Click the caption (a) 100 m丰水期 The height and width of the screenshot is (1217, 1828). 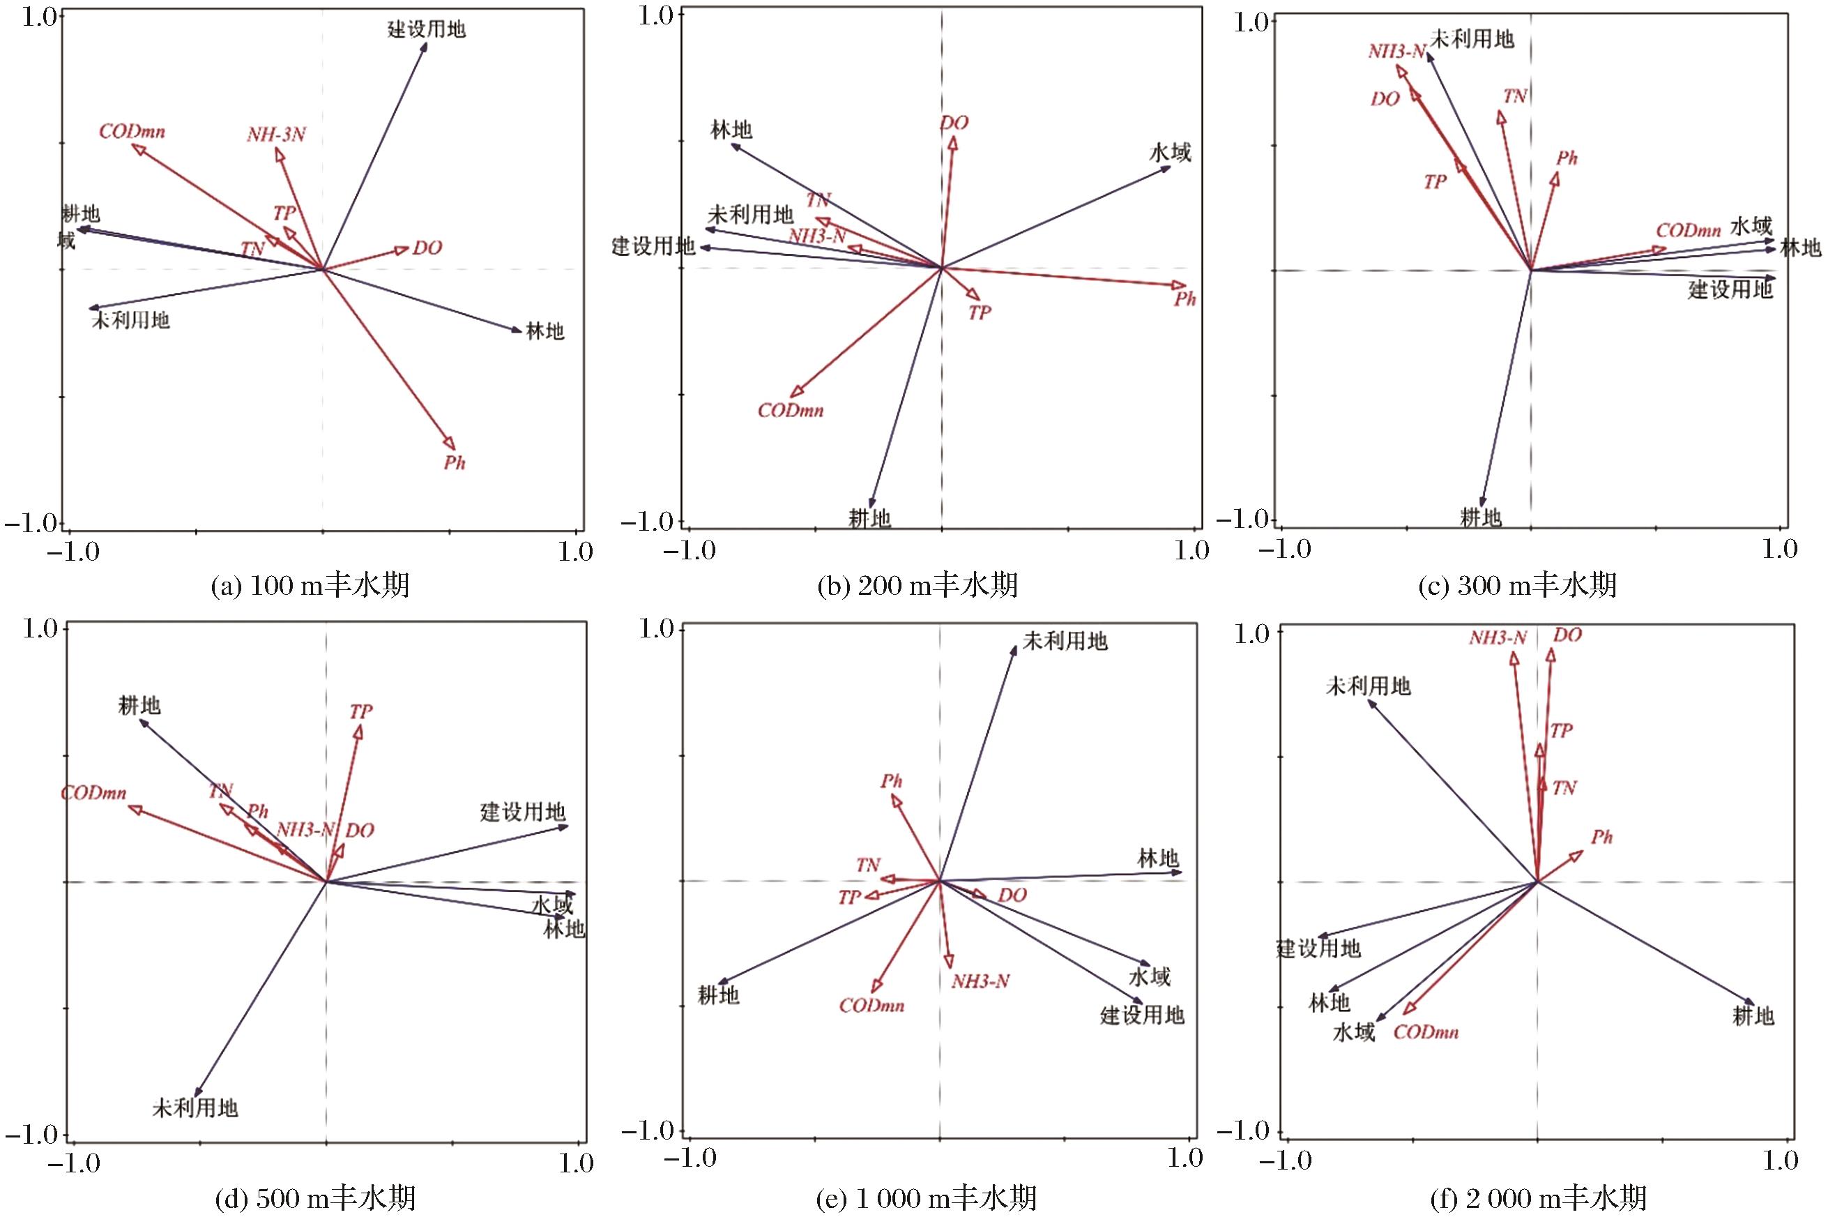point(310,585)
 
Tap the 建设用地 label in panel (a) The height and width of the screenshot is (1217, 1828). point(427,30)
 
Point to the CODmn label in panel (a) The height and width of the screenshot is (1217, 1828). point(132,131)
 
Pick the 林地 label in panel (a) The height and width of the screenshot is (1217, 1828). point(544,331)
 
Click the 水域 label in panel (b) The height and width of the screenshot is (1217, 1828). point(1170,152)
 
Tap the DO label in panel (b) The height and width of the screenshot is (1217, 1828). point(954,123)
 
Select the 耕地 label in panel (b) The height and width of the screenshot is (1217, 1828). point(869,517)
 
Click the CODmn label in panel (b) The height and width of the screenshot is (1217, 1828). point(791,411)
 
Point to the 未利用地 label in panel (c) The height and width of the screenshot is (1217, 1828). point(1472,39)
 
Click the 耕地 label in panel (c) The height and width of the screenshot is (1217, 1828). point(1482,517)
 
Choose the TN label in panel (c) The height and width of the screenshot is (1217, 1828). point(1514,96)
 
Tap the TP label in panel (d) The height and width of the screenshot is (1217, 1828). point(361,712)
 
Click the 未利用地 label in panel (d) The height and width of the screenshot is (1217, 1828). point(195,1108)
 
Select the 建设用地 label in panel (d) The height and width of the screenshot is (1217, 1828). point(523,812)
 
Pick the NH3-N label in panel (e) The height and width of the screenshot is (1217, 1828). point(981,981)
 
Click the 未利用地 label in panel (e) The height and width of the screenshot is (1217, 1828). point(1065,641)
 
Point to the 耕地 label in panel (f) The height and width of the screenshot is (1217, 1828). point(1753,1015)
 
